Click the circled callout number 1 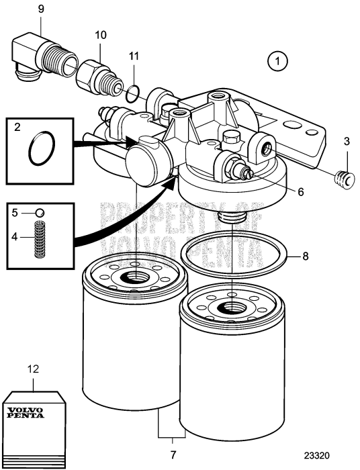coord(277,61)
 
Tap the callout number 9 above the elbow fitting coord(41,9)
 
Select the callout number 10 coord(101,35)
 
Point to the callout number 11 coord(134,56)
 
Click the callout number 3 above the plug coord(347,142)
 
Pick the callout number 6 coord(301,191)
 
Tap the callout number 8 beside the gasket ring coord(305,256)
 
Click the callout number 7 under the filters coord(173,455)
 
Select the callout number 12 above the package coord(34,369)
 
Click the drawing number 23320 coord(317,456)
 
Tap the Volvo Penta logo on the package coord(26,413)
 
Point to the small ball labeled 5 coord(40,213)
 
